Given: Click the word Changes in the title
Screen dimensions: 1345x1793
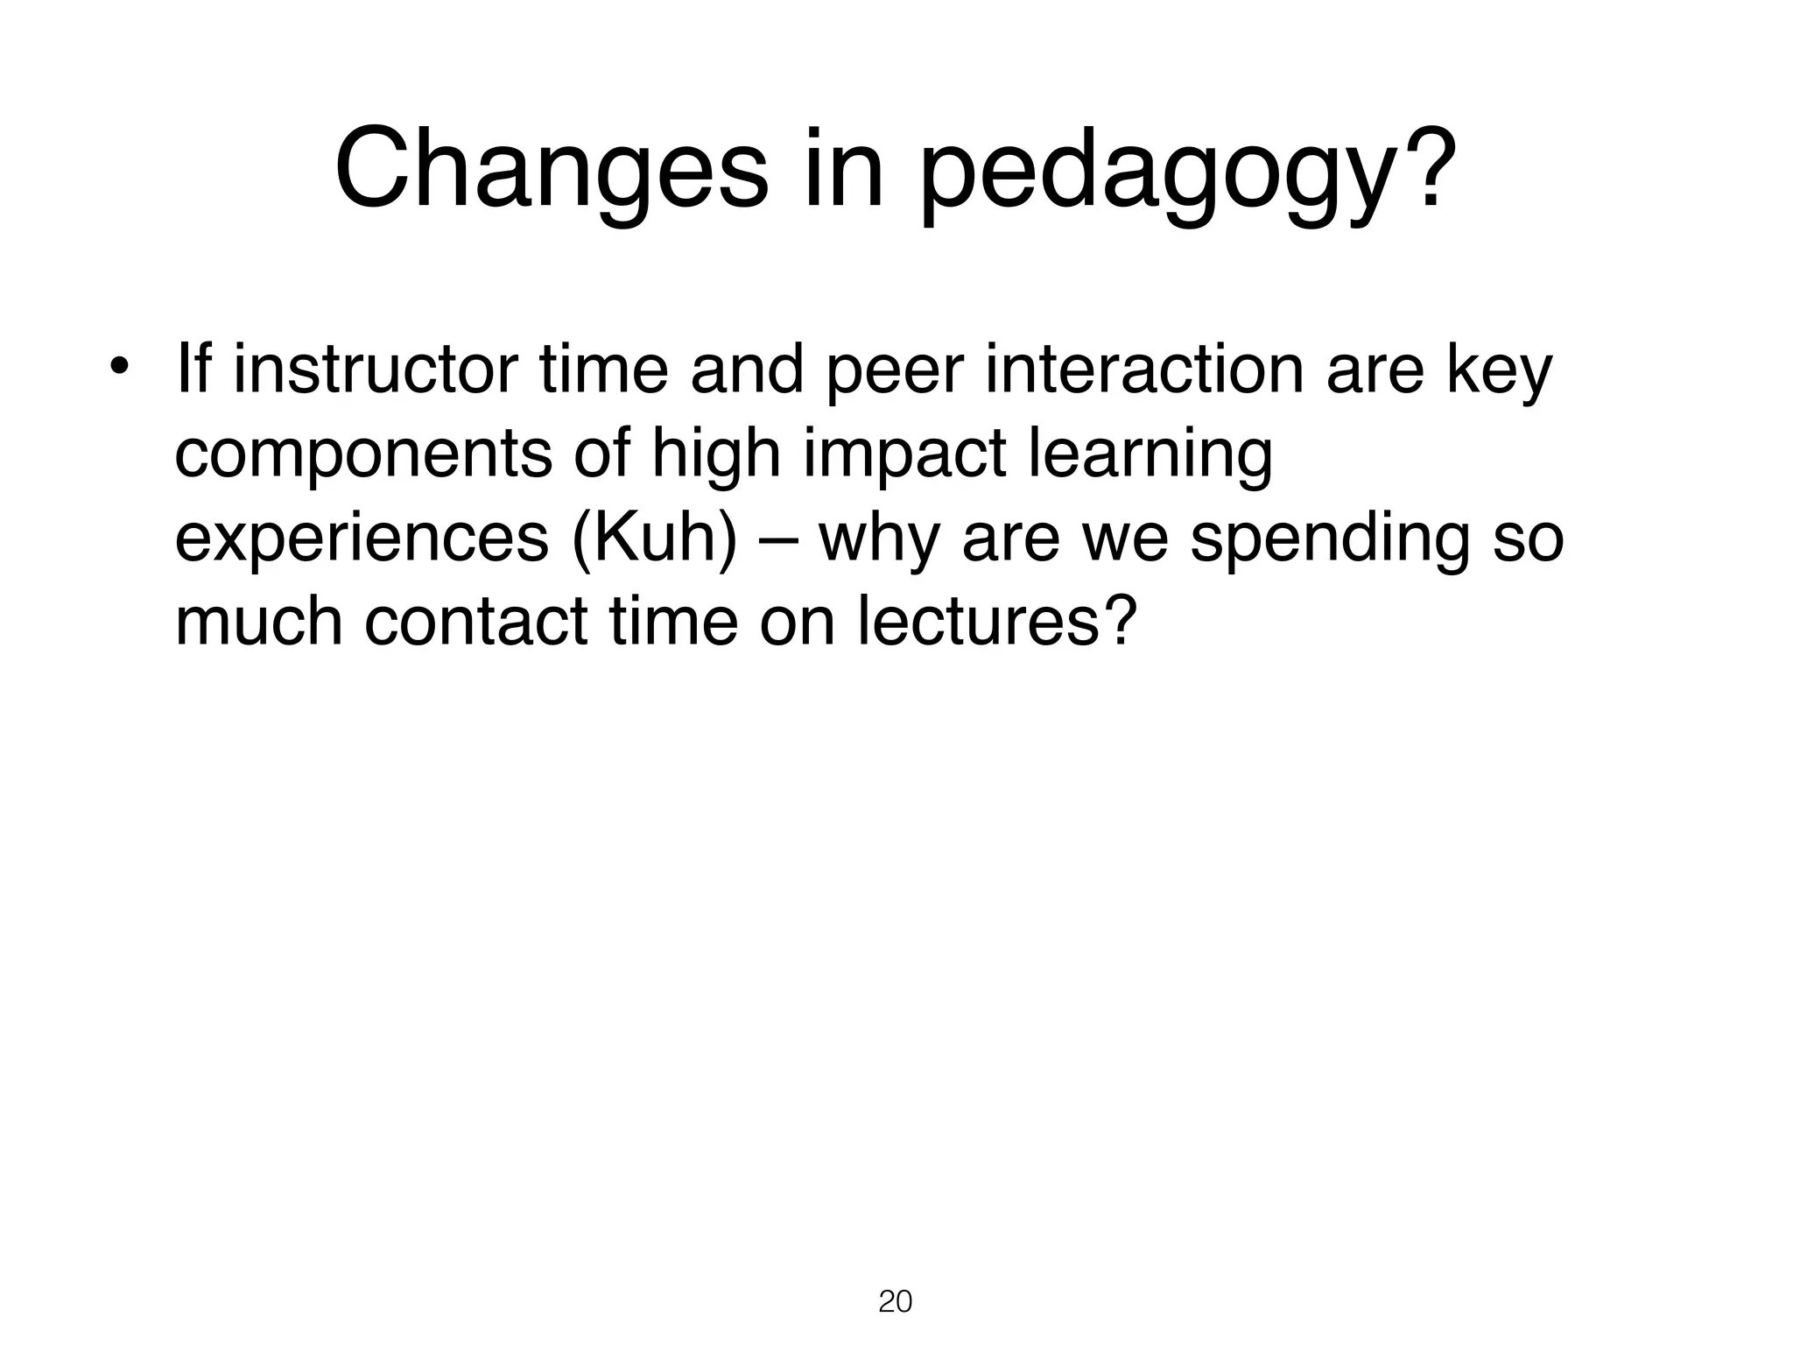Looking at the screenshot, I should pos(551,168).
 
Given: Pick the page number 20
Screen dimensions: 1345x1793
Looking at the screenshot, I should pos(895,1302).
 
